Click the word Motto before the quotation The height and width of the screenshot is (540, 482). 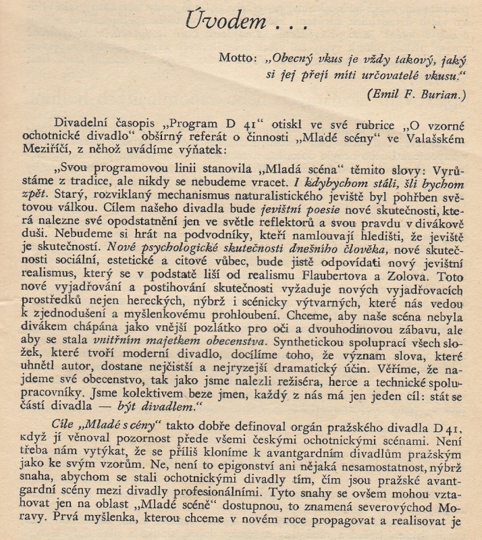click(236, 58)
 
